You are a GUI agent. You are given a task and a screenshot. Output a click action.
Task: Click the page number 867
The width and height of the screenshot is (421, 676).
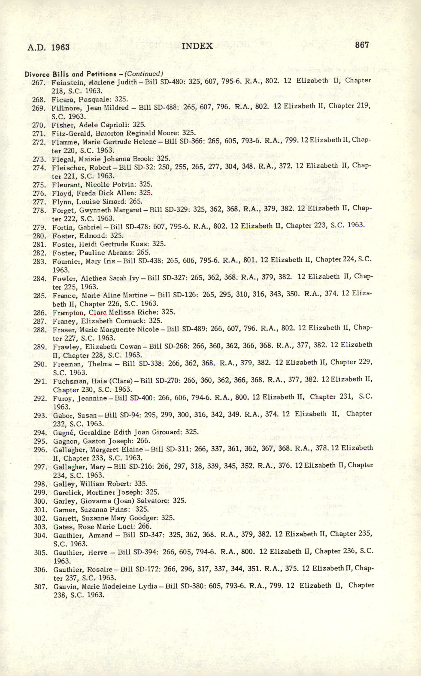point(362,45)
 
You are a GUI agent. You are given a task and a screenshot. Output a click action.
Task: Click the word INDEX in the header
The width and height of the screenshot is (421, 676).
point(197,46)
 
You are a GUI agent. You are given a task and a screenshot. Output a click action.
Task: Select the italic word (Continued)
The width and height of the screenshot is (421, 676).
point(143,73)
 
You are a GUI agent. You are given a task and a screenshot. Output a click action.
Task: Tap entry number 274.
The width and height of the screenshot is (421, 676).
point(39,168)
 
